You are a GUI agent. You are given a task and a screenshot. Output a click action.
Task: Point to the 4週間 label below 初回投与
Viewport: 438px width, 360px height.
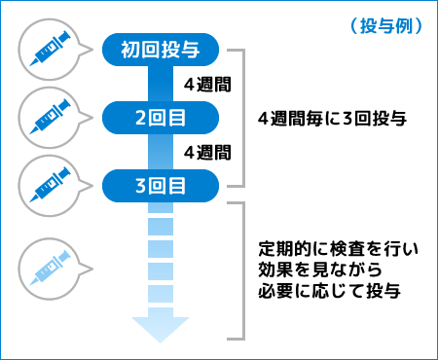pos(206,83)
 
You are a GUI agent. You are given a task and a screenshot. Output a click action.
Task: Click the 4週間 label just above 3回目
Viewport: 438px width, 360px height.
pos(206,151)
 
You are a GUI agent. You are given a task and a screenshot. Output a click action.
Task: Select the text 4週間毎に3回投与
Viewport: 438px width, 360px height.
pos(331,118)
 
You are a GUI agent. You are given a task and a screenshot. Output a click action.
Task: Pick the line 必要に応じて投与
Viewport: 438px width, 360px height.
pos(331,290)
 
